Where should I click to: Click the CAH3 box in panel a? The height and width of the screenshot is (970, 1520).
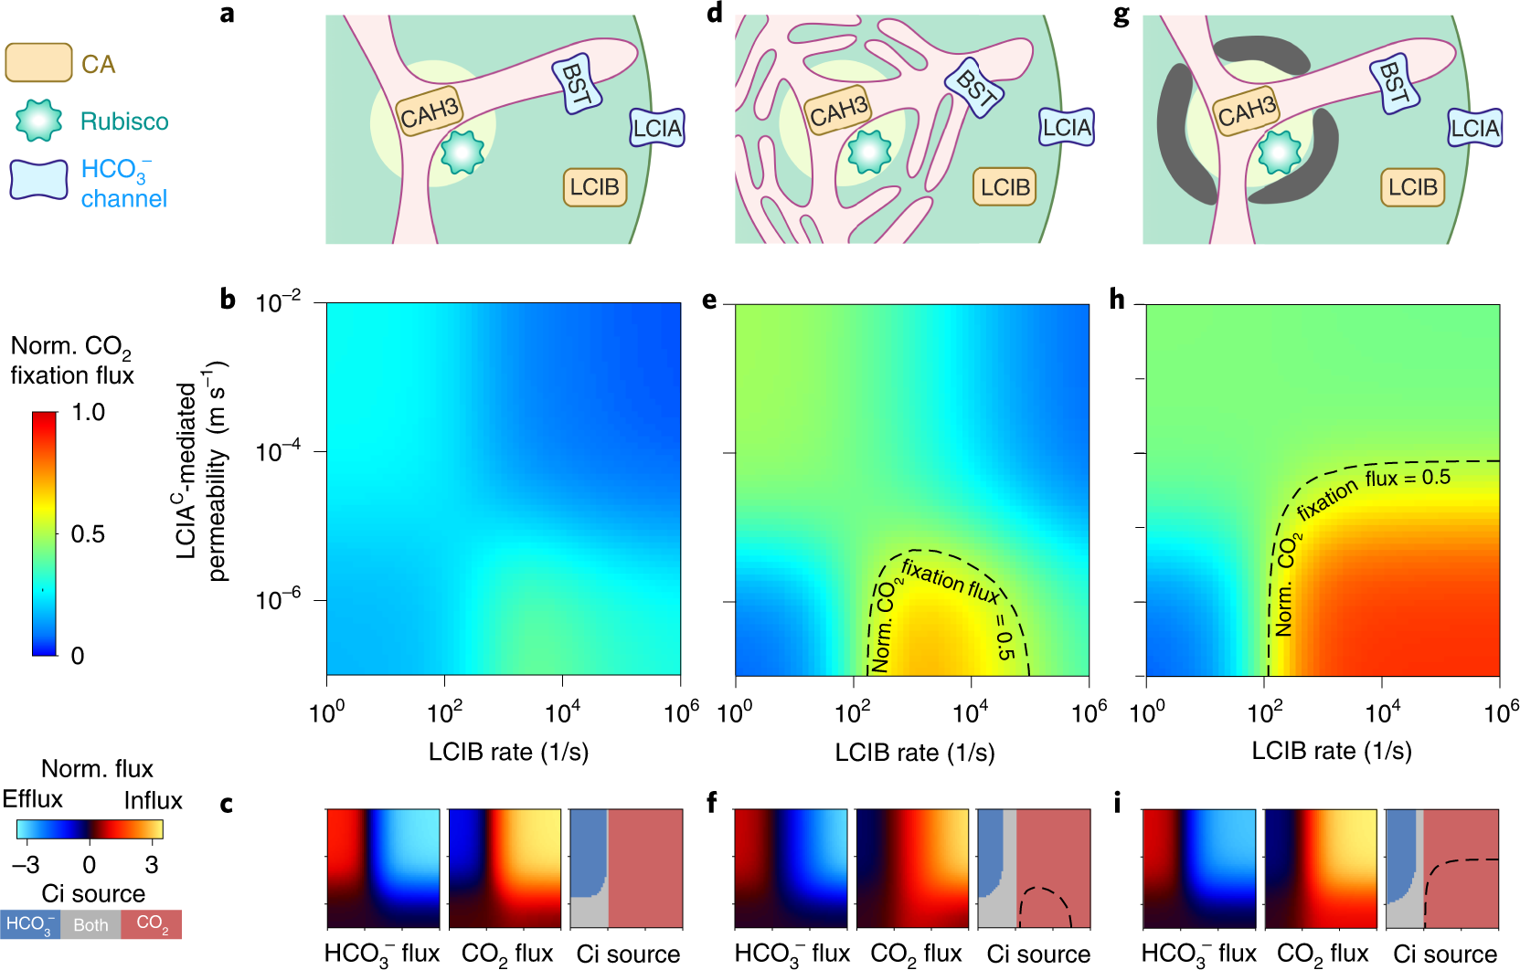coord(430,111)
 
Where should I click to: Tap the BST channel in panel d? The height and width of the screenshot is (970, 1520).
coord(975,88)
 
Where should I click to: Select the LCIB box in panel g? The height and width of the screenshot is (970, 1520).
coord(1412,187)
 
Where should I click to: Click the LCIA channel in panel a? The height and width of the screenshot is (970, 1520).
coord(656,128)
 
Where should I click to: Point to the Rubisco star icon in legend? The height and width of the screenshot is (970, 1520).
coord(38,121)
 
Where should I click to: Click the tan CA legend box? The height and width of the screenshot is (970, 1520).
coord(38,63)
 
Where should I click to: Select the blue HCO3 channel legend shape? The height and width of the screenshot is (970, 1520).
coord(38,179)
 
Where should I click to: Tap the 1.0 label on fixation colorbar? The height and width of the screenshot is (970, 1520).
coord(88,412)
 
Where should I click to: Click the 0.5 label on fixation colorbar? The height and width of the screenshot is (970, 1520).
coord(88,533)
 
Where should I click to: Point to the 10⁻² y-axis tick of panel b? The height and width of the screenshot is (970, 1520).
coord(278,302)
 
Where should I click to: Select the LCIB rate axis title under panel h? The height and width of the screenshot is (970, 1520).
coord(1331,751)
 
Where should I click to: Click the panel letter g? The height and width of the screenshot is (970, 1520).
coord(1121,15)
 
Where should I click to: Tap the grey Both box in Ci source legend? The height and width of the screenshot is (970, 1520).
coord(90,925)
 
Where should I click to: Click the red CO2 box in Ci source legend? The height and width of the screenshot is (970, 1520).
coord(152,924)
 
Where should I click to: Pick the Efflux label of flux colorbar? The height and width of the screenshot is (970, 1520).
coord(32,799)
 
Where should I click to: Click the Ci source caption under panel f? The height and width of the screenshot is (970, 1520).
coord(1037,954)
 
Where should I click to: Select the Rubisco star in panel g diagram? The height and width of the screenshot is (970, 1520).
coord(1280,152)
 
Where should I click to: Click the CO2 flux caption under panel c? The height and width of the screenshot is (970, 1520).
coord(506,954)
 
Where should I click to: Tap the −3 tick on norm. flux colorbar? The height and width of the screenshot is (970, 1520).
coord(26,864)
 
